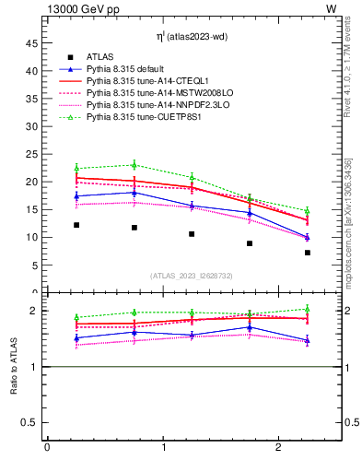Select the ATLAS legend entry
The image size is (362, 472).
(x=100, y=57)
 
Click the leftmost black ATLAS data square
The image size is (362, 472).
(x=76, y=225)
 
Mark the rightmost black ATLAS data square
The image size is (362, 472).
(x=308, y=253)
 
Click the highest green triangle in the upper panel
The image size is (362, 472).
(x=134, y=165)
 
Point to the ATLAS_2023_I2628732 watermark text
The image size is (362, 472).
(x=192, y=276)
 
